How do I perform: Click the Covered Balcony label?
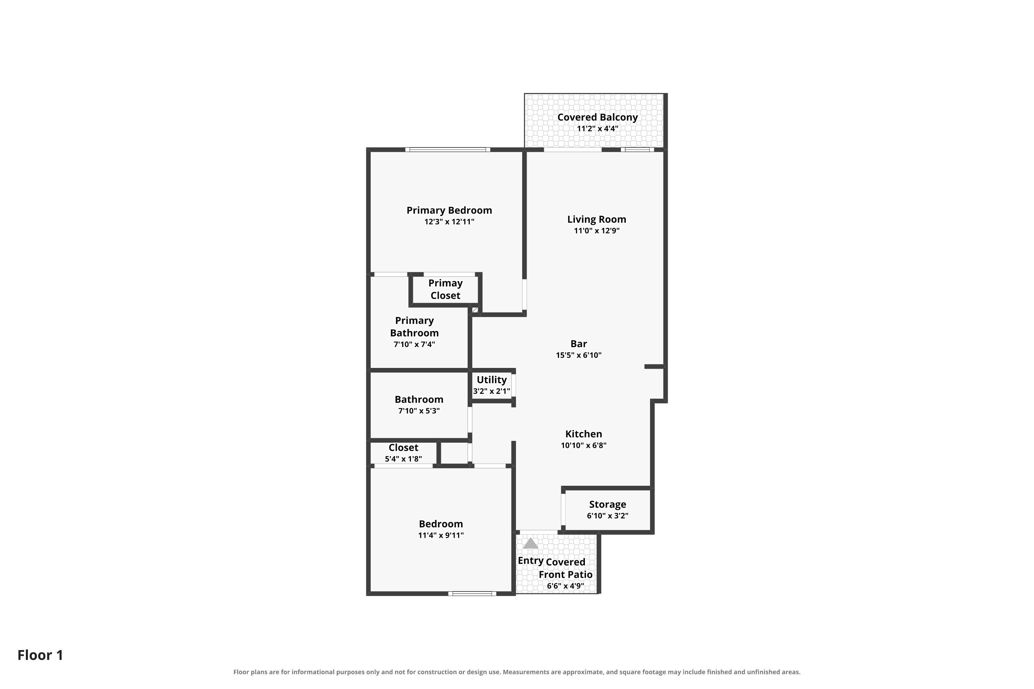pos(597,117)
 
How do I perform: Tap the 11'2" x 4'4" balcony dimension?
pos(597,129)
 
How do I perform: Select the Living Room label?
pos(597,219)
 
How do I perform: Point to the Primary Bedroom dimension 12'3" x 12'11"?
pos(449,222)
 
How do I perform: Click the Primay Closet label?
pos(445,289)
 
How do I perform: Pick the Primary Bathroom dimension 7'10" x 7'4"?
pos(414,344)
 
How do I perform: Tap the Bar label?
pos(579,343)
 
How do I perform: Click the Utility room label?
pos(491,380)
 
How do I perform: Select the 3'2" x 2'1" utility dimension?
pos(491,391)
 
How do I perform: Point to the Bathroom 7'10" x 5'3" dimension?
pos(419,411)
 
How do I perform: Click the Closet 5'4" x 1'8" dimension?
pos(404,459)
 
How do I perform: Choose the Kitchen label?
pos(584,434)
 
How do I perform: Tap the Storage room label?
pos(608,504)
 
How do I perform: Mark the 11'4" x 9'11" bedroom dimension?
pos(441,535)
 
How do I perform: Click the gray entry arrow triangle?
pos(530,544)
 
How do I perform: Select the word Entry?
pos(531,561)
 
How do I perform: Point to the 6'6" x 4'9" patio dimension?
pos(565,586)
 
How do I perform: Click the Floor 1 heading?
pos(40,655)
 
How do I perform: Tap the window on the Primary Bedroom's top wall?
pos(447,150)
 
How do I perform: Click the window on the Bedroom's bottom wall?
pos(472,594)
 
